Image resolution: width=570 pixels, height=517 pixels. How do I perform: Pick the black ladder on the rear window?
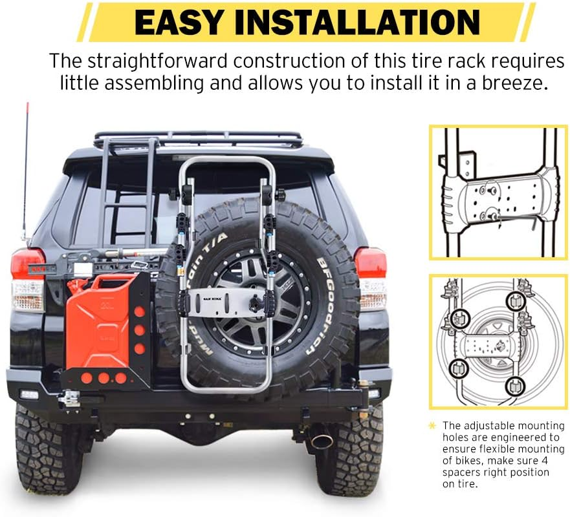coord(127,194)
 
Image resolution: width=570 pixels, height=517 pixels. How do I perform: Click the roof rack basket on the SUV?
coord(197,139)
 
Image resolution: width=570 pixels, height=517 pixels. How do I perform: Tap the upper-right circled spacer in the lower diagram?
coord(515,300)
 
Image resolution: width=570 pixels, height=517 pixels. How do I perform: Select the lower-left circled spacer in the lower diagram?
coord(460,368)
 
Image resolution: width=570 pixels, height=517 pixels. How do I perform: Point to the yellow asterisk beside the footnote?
coord(432,426)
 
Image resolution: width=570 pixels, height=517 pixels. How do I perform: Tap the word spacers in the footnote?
coord(463,472)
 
